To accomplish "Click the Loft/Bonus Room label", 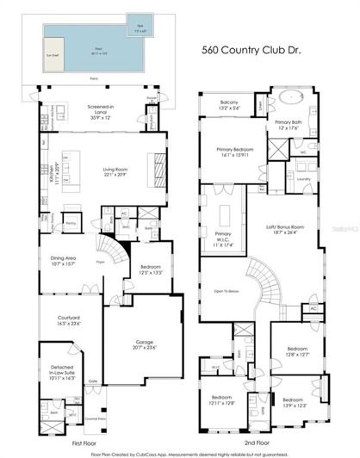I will pos(283,227).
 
